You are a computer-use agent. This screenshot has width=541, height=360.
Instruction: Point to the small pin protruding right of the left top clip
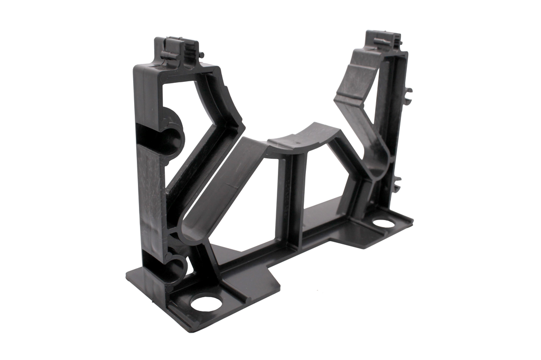tap(202, 54)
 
